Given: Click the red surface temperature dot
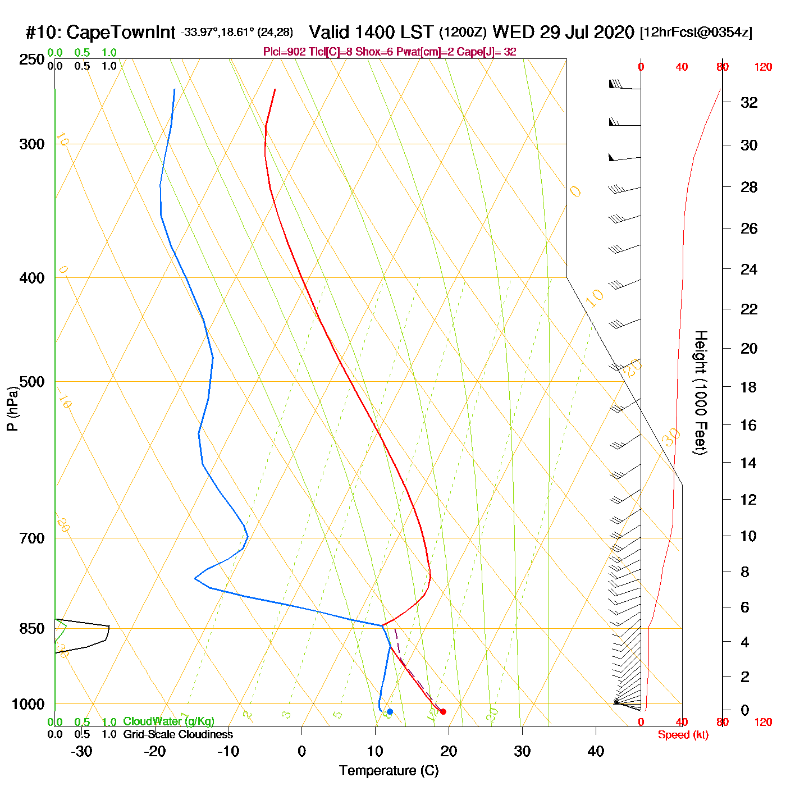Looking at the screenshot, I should tap(443, 712).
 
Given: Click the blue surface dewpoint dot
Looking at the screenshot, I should tap(390, 712).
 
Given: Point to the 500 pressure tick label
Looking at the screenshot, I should tap(32, 382).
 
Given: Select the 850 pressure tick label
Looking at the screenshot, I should tap(32, 629).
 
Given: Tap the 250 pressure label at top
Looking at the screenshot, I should tap(32, 60).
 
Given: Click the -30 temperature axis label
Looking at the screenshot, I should tap(82, 751).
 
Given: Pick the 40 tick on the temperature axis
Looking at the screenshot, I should tap(596, 751).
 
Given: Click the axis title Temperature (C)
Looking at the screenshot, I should tap(389, 771).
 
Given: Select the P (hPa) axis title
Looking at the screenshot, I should tap(12, 408).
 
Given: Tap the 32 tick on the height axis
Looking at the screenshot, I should tap(749, 102).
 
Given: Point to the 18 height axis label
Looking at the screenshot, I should tap(748, 387).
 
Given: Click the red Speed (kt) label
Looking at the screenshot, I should tap(683, 735).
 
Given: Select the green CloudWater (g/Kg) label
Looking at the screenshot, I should tap(168, 721).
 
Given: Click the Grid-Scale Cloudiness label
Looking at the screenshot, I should tap(178, 734).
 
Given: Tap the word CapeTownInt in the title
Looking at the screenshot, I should tap(121, 33).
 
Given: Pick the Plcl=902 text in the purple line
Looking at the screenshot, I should tap(285, 52).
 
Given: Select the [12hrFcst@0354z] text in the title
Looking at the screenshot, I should tap(696, 33).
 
